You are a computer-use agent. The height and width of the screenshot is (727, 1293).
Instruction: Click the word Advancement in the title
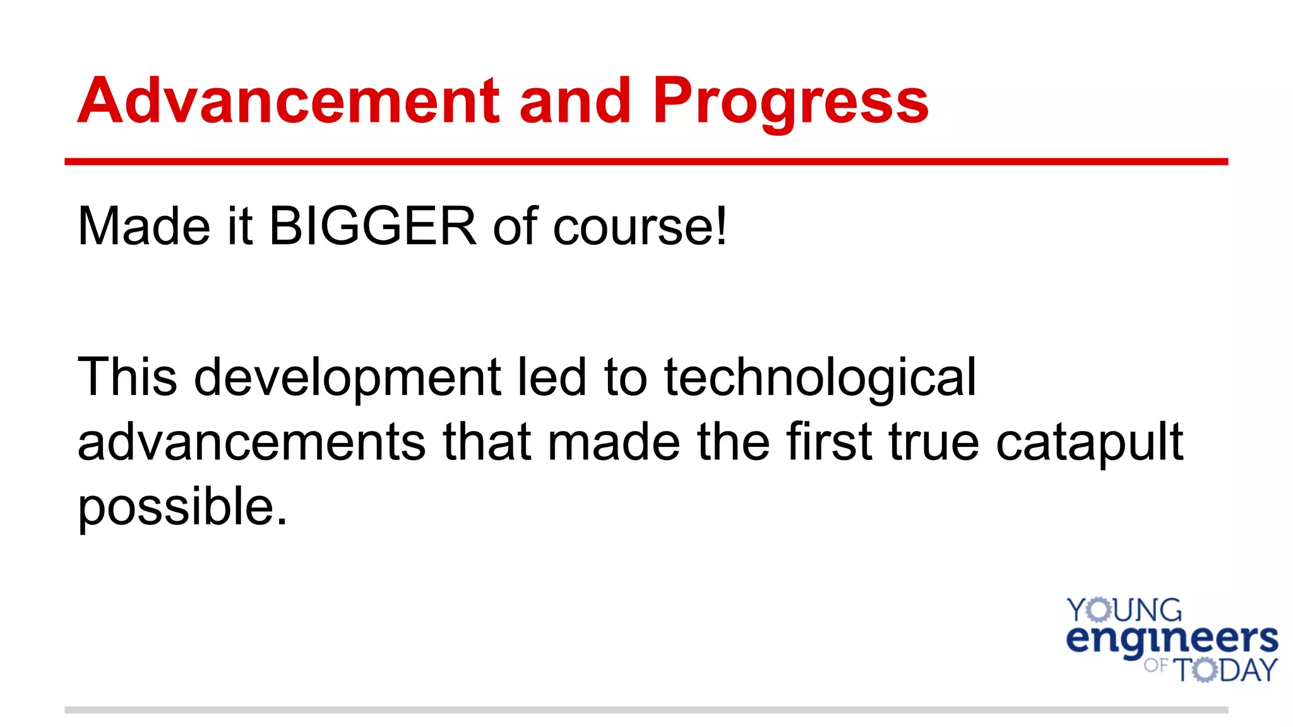(288, 100)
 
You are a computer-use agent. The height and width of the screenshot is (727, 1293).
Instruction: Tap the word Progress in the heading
(790, 102)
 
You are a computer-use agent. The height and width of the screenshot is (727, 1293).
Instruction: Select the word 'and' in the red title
(575, 100)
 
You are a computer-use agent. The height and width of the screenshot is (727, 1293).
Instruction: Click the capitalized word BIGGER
(372, 226)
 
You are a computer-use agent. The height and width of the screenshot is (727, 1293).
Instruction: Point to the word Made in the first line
(143, 226)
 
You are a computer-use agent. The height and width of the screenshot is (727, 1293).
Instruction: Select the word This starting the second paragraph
(127, 377)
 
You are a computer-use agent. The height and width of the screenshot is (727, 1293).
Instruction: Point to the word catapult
(1089, 444)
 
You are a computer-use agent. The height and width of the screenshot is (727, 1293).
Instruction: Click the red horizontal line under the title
(646, 162)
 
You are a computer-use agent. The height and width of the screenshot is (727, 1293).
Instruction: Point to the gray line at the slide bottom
(646, 710)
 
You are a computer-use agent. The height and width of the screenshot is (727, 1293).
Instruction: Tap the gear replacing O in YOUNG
(1099, 610)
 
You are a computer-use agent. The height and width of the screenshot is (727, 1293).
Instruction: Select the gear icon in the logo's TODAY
(1205, 670)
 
